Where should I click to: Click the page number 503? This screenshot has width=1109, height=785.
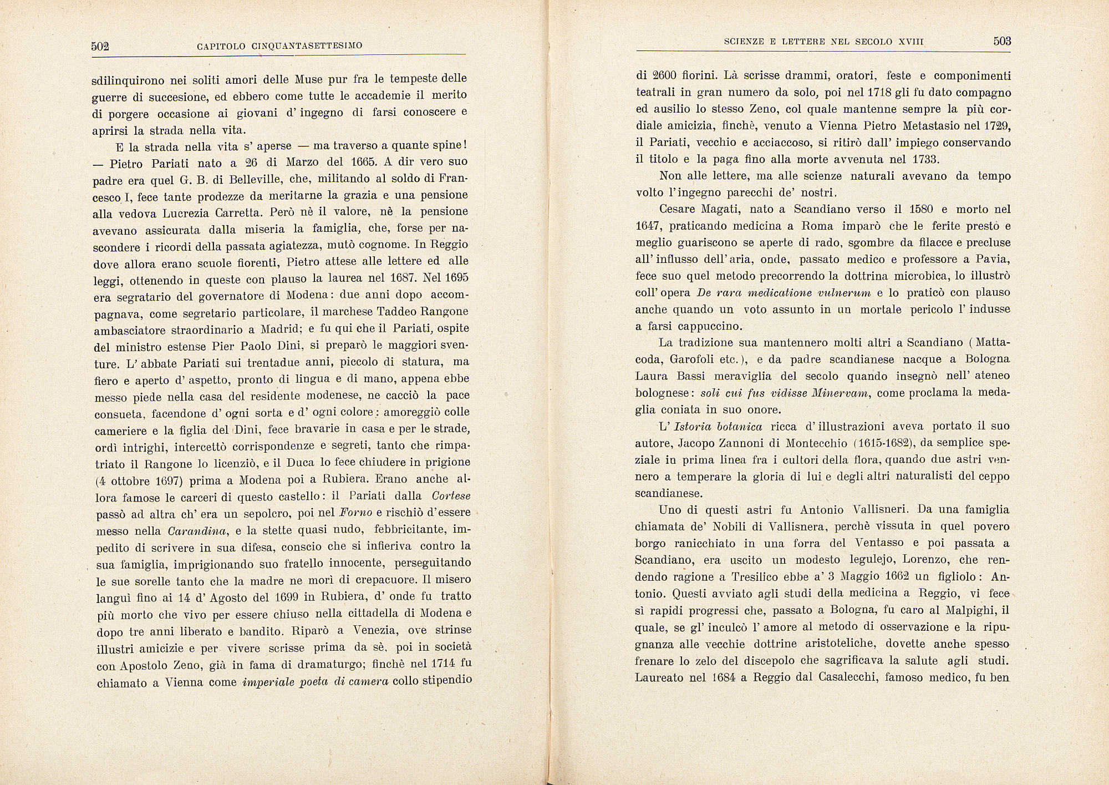pos(1003,41)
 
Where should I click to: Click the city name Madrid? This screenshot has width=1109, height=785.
pos(278,329)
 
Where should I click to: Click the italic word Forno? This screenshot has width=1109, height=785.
pos(355,513)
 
